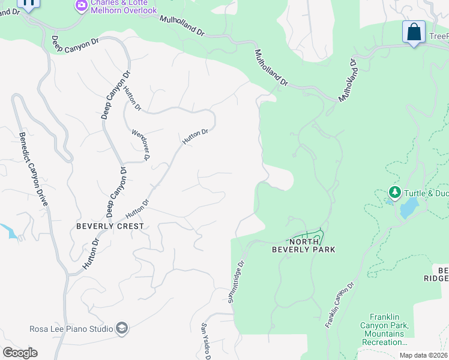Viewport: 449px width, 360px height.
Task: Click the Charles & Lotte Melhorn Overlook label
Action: (x=124, y=7)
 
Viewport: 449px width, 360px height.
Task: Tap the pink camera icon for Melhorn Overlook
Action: (x=81, y=5)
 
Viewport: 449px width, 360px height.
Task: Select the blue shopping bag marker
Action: (x=414, y=32)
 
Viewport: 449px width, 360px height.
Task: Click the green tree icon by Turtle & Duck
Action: (x=394, y=192)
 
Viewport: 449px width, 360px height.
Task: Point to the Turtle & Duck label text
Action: (x=426, y=193)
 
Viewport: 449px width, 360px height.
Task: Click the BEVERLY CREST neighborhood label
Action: (x=110, y=226)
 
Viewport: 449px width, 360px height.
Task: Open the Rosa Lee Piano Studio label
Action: (x=71, y=329)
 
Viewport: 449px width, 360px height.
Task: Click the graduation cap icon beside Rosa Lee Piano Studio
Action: (x=122, y=328)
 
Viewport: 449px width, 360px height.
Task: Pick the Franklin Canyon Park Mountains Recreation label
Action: (x=388, y=329)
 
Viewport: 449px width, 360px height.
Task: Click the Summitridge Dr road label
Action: (x=236, y=281)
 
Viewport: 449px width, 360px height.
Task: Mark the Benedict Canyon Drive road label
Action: (x=32, y=169)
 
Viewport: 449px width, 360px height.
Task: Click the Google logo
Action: (x=20, y=353)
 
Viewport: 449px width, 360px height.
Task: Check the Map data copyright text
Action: (x=423, y=355)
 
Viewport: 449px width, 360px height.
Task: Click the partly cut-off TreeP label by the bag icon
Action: (x=438, y=37)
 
